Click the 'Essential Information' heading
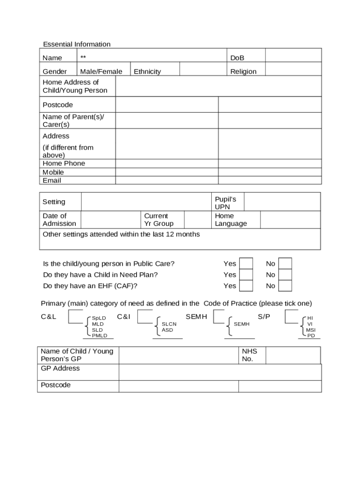pos(77,44)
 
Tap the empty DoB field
pos(293,55)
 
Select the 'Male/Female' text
pos(101,72)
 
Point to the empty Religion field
pos(293,69)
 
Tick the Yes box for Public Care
pos(246,263)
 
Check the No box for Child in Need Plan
pos(285,275)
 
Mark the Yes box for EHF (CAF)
pos(246,286)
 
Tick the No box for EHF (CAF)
pos(285,286)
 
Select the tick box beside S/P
pos(291,317)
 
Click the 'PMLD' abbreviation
pos(100,336)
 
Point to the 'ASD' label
pos(167,330)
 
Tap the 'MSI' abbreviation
pos(311,330)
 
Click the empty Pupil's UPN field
pos(282,202)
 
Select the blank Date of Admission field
pos(111,219)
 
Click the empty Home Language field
pos(290,219)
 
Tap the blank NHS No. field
pos(293,355)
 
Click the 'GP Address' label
pos(60,368)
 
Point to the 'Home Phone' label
pos(64,163)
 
